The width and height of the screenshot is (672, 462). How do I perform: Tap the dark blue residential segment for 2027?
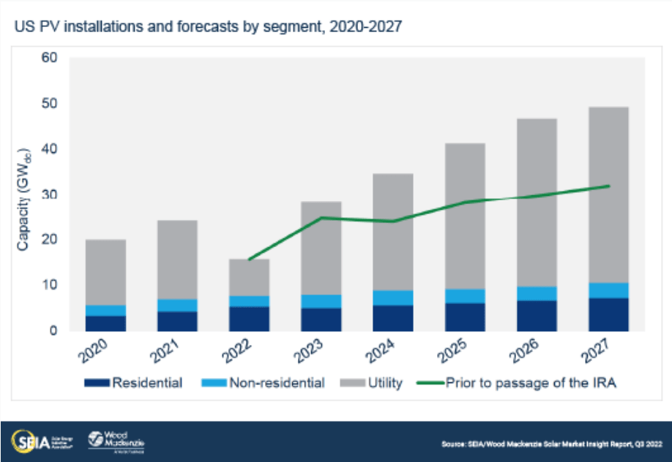pyautogui.click(x=608, y=314)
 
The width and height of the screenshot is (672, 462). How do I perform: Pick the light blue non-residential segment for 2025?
pyautogui.click(x=465, y=296)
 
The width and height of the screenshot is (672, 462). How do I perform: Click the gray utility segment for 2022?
pyautogui.click(x=249, y=278)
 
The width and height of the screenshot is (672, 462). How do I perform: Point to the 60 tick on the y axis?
pyautogui.click(x=48, y=58)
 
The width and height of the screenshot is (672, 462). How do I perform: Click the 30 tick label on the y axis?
pyautogui.click(x=48, y=194)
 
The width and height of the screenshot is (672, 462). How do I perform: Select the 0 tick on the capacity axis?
pyautogui.click(x=53, y=330)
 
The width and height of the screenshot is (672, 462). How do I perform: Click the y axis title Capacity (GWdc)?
pyautogui.click(x=23, y=194)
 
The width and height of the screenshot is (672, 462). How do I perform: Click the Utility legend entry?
pyautogui.click(x=373, y=382)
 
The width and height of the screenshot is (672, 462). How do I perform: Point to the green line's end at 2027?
pyautogui.click(x=608, y=186)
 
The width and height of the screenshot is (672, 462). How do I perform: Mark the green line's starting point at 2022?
pyautogui.click(x=249, y=260)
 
